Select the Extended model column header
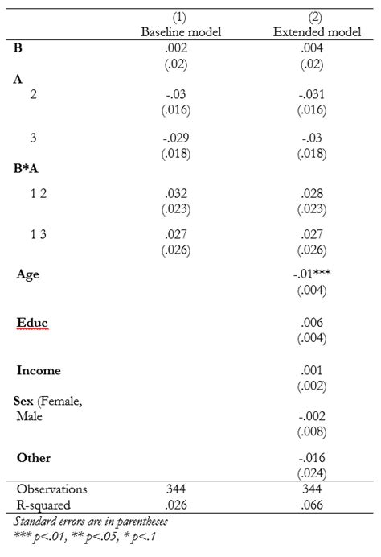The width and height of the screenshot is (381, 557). pos(309,31)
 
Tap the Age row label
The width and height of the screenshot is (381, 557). pos(28,274)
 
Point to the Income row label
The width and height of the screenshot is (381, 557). pos(39,370)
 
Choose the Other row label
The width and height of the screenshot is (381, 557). pos(34,457)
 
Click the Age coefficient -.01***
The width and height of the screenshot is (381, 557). pos(311,274)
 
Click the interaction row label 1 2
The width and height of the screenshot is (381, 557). pos(38,194)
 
